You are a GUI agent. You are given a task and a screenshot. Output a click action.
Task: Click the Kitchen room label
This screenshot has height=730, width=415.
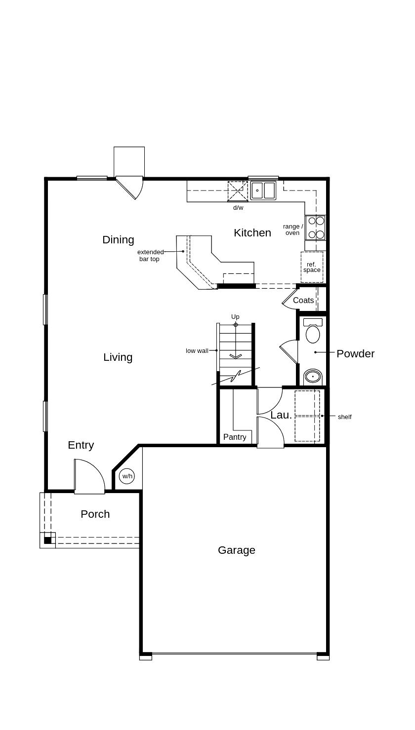252,232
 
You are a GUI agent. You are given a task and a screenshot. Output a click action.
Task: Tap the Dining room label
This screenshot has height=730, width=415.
118,239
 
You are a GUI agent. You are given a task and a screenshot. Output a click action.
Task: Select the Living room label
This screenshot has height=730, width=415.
118,357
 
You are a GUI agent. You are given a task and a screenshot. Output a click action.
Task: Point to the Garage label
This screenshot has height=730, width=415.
236,550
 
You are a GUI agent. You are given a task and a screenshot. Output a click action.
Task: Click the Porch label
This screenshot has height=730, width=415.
95,514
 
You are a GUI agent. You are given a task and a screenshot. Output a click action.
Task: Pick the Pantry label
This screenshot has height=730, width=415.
234,437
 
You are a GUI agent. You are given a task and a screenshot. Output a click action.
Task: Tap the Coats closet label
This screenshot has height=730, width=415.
303,300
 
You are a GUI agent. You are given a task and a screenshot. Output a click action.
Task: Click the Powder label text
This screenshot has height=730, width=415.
355,353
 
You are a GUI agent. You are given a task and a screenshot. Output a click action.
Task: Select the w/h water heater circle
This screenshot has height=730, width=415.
127,476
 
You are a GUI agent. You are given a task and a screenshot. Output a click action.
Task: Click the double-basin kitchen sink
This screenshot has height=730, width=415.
263,191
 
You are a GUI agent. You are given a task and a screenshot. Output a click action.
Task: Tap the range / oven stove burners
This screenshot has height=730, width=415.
316,228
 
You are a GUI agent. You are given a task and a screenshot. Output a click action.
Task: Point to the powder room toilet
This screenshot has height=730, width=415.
313,331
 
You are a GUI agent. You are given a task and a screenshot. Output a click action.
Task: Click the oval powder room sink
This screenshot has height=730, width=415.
312,377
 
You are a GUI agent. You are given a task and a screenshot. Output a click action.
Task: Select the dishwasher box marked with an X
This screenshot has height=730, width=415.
237,191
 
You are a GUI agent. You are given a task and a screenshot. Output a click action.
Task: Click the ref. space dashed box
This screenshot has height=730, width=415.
312,267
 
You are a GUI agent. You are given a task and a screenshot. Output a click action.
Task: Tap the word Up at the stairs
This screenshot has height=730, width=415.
235,316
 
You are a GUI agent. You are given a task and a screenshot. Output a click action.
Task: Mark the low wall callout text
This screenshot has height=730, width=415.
197,350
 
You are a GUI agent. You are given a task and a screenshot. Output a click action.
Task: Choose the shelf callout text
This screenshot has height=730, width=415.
344,417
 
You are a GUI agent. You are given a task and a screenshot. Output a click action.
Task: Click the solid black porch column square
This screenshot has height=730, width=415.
47,540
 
